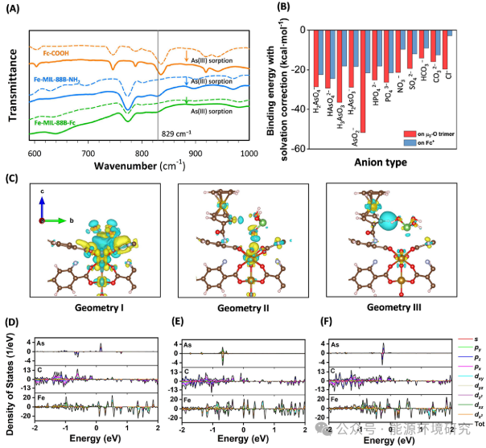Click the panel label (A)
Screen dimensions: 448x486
click(x=15, y=10)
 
